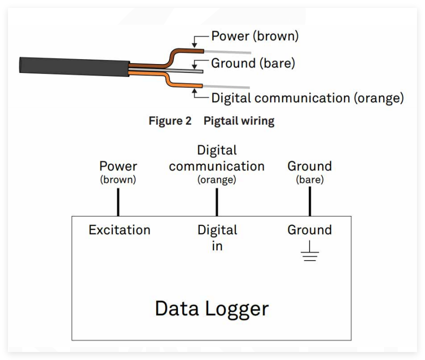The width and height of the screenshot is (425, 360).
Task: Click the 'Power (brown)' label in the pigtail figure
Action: pyautogui.click(x=255, y=36)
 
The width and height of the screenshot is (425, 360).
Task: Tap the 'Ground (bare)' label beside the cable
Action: pyautogui.click(x=253, y=63)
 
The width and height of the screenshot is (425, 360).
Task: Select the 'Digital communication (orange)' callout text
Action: pyautogui.click(x=307, y=98)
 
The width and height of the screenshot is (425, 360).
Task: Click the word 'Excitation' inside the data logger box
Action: pyautogui.click(x=119, y=230)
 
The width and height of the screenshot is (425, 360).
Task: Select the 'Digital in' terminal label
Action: pyautogui.click(x=217, y=237)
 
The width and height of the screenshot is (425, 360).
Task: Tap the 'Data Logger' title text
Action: pyautogui.click(x=212, y=308)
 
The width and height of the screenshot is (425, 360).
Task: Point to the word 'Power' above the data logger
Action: pyautogui.click(x=118, y=166)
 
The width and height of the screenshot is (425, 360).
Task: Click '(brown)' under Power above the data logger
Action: pyautogui.click(x=118, y=179)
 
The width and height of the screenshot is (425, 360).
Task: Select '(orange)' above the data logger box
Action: pyautogui.click(x=217, y=179)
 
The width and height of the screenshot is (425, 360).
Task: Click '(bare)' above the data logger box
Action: pyautogui.click(x=310, y=179)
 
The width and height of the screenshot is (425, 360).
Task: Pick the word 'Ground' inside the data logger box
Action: pyautogui.click(x=310, y=230)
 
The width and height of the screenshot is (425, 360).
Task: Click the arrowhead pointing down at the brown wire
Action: pyautogui.click(x=194, y=45)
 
